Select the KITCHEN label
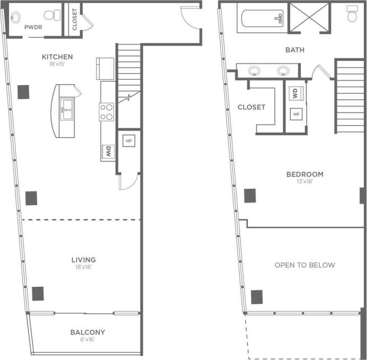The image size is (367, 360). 57,57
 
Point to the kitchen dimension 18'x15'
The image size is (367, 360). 57,64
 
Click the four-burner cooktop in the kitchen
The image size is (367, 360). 107,111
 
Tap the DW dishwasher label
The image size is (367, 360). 108,152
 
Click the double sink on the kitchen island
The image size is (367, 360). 68,109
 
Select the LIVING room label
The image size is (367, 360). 83,259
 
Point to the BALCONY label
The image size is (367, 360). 88,332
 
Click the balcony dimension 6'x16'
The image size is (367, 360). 88,340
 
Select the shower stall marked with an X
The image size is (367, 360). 309,18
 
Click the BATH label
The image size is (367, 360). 295,50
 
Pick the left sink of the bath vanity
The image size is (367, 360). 255,71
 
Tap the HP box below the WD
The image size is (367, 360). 296,114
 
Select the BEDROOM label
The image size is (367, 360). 304,174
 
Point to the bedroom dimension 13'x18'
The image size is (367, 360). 304,181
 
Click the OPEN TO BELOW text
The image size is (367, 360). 304,265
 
